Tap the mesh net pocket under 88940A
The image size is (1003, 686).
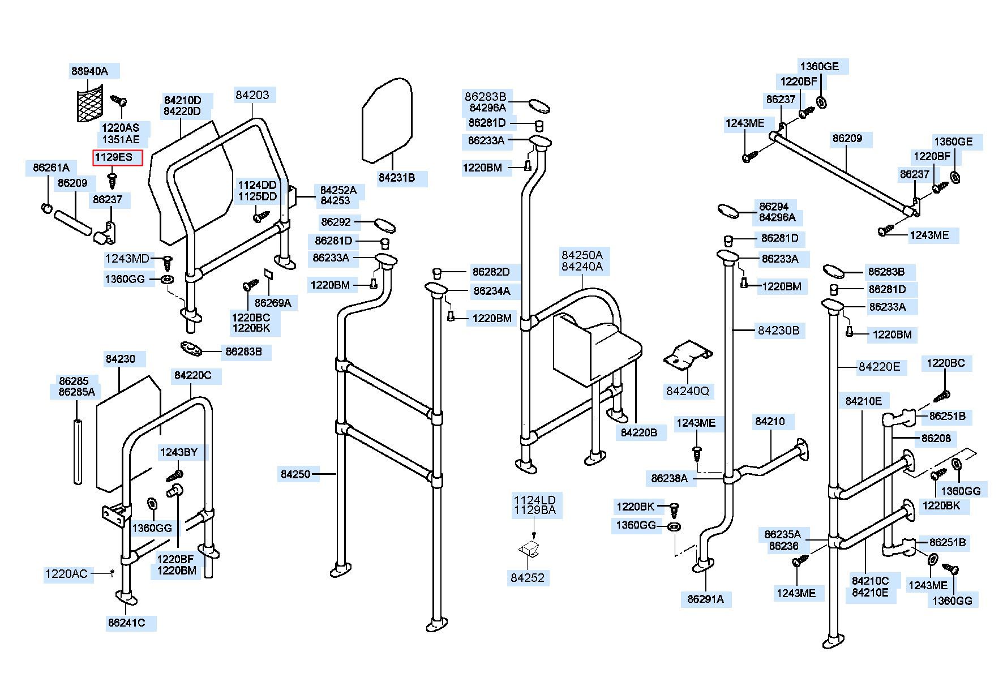89,102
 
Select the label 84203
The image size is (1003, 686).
252,95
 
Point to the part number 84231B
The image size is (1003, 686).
397,178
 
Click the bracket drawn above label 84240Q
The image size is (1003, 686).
687,357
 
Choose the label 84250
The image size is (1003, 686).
295,474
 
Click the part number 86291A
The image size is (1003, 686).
705,599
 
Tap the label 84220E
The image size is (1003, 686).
879,367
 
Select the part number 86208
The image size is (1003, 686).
936,438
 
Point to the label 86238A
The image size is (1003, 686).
670,478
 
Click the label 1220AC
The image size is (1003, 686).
66,574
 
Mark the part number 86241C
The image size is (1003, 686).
127,623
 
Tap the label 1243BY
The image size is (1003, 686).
179,452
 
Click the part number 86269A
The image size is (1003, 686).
273,303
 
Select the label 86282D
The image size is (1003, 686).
491,272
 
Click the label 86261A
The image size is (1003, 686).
51,168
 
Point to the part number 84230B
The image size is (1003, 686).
778,331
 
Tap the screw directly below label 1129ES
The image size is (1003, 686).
112,181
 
